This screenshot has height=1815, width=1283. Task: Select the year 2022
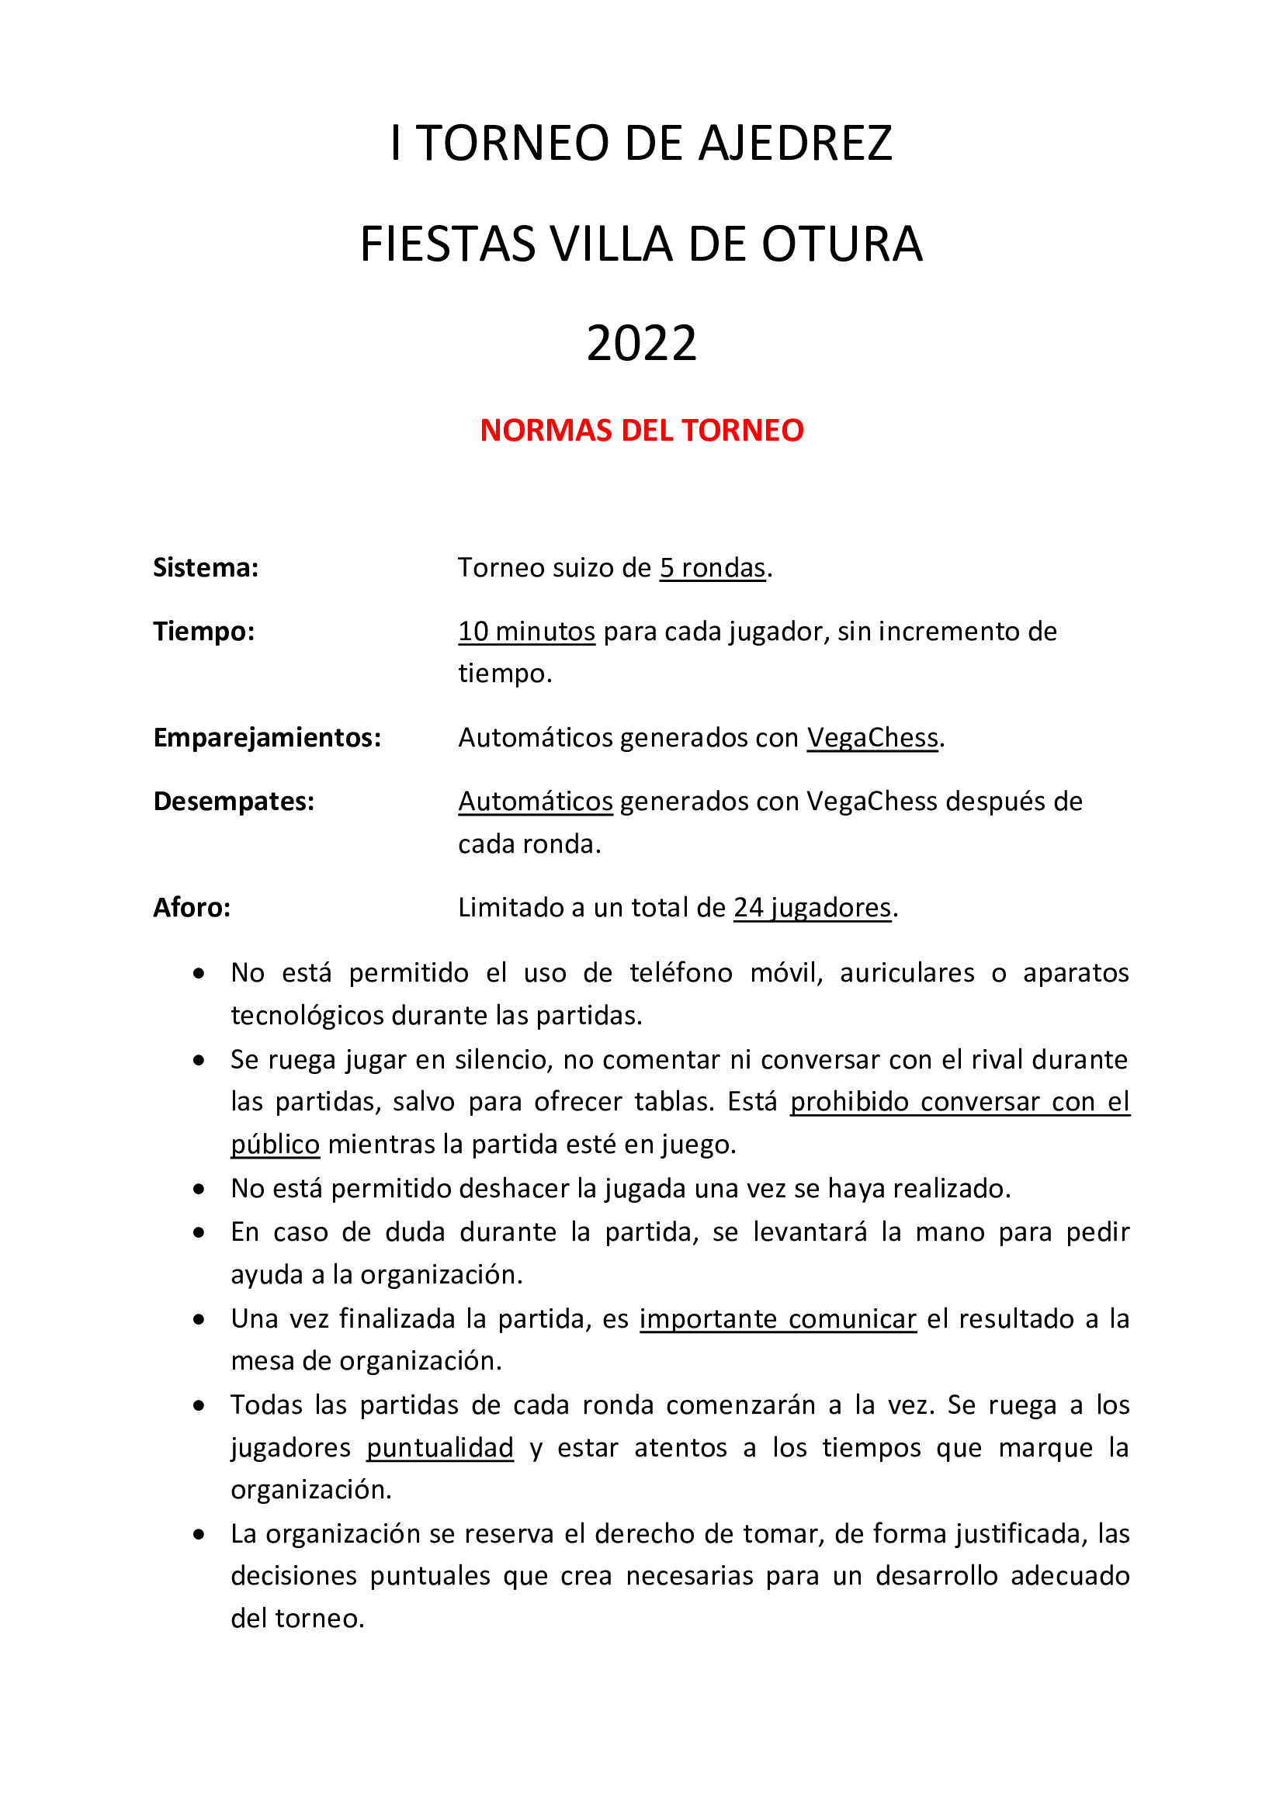[641, 343]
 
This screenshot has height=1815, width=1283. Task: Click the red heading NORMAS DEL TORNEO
[641, 430]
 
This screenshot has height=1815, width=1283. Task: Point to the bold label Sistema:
[206, 567]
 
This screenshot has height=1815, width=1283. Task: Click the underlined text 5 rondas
[713, 567]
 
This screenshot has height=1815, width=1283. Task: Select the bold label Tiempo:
[204, 631]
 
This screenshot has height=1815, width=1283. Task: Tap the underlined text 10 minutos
[526, 631]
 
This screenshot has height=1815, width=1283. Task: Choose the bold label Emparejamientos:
[267, 736]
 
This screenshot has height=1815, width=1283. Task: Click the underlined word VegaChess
[872, 736]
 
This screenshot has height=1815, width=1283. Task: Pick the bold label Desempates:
[234, 801]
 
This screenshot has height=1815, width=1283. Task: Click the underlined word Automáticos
[536, 801]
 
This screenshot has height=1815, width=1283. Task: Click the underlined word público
[275, 1144]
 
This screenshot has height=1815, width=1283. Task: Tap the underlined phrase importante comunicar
[778, 1318]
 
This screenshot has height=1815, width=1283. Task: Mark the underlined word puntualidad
[439, 1447]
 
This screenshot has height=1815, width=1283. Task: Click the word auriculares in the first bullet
[907, 972]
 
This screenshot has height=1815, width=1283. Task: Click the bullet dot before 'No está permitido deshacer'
[199, 1188]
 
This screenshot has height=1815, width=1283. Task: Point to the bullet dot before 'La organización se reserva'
[199, 1534]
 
